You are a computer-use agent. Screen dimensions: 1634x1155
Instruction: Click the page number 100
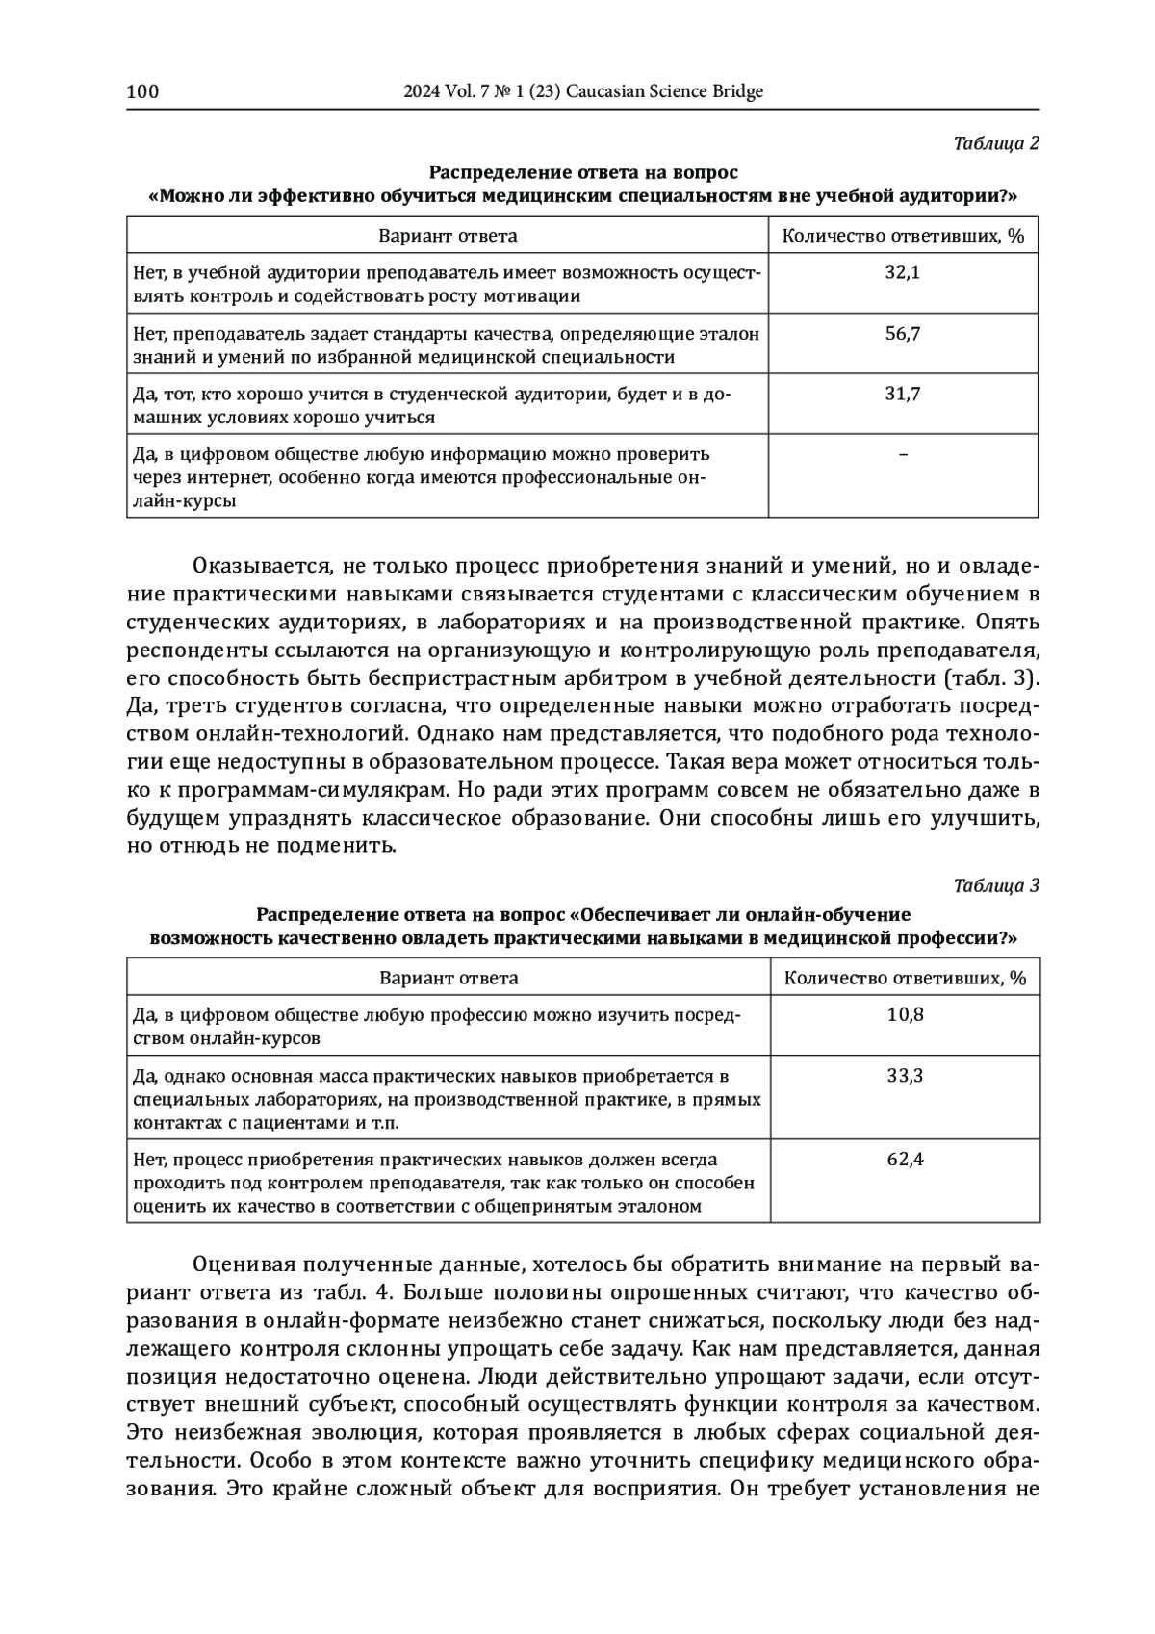(142, 91)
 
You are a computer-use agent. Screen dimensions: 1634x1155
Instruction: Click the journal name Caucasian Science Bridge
(665, 91)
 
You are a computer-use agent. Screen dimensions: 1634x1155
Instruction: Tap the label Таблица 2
(996, 143)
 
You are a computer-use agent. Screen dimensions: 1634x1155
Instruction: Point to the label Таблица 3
(996, 886)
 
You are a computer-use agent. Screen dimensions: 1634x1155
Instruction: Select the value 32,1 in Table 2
(902, 272)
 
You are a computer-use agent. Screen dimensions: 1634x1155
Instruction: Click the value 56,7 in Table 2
(902, 334)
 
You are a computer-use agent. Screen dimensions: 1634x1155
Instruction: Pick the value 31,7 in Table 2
(902, 394)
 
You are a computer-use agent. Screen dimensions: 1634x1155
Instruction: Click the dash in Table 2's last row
(902, 454)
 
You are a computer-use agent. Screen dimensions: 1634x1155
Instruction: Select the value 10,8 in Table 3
(905, 1014)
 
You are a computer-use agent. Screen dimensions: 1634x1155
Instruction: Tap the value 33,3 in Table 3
(905, 1075)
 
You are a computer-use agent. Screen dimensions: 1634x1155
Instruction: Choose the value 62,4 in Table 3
(905, 1160)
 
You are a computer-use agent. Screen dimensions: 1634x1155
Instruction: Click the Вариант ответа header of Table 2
(448, 236)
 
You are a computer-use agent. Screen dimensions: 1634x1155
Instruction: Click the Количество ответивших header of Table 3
(905, 979)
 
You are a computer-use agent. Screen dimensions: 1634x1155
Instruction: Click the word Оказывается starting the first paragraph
(252, 565)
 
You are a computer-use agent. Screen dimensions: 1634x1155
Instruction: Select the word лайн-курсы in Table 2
(185, 501)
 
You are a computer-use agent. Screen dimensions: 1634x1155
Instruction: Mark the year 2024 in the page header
(421, 91)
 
